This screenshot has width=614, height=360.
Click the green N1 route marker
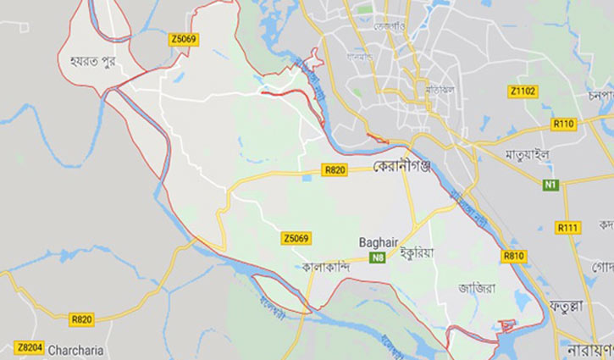click(550, 185)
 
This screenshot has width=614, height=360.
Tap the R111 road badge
click(567, 228)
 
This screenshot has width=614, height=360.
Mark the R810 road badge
click(513, 255)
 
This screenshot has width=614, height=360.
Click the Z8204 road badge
click(28, 348)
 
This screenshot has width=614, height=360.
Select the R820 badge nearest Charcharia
click(81, 319)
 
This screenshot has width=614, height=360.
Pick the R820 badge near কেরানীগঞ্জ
click(335, 169)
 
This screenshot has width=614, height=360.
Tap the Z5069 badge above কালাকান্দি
click(295, 240)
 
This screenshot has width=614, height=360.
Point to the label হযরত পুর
click(86, 63)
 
